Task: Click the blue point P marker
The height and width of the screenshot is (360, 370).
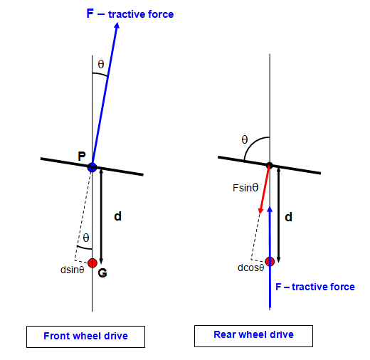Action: tap(92, 167)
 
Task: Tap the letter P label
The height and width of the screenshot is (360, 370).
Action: tap(82, 157)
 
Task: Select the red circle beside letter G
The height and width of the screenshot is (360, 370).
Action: tap(92, 263)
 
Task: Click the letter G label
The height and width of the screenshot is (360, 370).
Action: tap(102, 273)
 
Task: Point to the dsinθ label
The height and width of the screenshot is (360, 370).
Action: tap(73, 270)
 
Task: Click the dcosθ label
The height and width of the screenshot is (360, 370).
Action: tap(251, 268)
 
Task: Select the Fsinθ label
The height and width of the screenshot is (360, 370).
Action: tap(245, 188)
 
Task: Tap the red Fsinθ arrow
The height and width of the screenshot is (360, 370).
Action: tap(265, 190)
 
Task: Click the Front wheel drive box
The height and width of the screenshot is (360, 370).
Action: tap(85, 337)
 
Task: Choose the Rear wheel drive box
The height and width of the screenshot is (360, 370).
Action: tap(253, 336)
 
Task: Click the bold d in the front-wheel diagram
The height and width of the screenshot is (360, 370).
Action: tap(118, 216)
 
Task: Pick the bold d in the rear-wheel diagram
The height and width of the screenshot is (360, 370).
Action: tap(288, 217)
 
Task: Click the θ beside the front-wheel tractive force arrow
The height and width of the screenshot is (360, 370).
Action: tap(101, 64)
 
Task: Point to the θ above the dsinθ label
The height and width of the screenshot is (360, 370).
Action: tap(86, 238)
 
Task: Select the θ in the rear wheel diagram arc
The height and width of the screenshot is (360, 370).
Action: tap(245, 139)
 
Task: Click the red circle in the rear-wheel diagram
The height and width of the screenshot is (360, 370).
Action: tap(270, 262)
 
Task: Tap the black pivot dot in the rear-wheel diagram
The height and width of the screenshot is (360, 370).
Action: tap(269, 165)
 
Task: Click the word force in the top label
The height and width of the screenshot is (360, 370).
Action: tap(161, 14)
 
